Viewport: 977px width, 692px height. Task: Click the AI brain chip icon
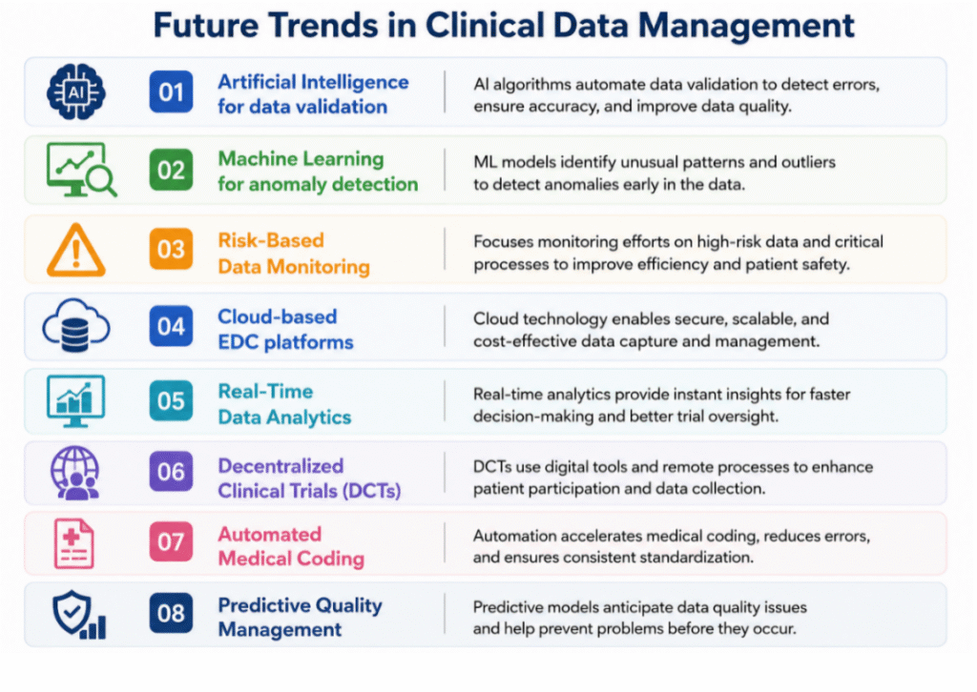[x=76, y=92]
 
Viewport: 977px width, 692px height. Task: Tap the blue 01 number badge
[x=171, y=92]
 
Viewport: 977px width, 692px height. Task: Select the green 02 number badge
[x=171, y=170]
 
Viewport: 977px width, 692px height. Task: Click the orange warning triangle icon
[x=76, y=250]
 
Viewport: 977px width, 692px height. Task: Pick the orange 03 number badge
[x=171, y=249]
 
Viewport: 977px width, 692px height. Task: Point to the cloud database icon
[x=76, y=325]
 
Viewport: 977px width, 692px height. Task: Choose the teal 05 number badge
[x=171, y=400]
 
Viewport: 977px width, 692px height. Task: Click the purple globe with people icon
[x=75, y=473]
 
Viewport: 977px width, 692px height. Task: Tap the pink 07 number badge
[x=171, y=542]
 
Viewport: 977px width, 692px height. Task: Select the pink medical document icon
[x=74, y=544]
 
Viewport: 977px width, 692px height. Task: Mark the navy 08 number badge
[x=171, y=614]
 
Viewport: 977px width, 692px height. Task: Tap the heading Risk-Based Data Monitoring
[x=294, y=254]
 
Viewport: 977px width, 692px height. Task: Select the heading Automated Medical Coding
[x=291, y=546]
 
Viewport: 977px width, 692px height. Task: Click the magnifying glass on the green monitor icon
[x=101, y=181]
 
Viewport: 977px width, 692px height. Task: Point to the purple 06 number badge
[x=171, y=473]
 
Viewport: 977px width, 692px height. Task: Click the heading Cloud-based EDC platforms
[x=285, y=329]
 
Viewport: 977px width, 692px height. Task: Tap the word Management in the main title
[x=746, y=27]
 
